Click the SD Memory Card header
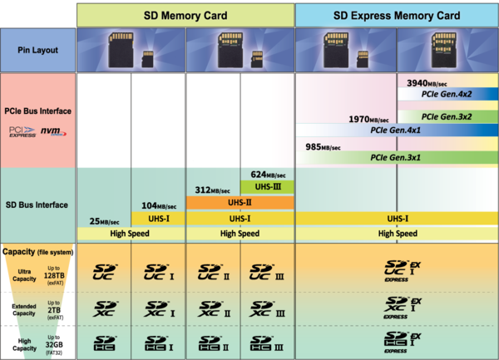click(185, 14)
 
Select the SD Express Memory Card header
click(396, 14)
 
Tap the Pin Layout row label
click(37, 49)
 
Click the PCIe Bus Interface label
click(37, 110)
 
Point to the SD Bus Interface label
click(37, 205)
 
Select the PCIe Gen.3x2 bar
click(447, 116)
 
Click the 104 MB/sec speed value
click(159, 205)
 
